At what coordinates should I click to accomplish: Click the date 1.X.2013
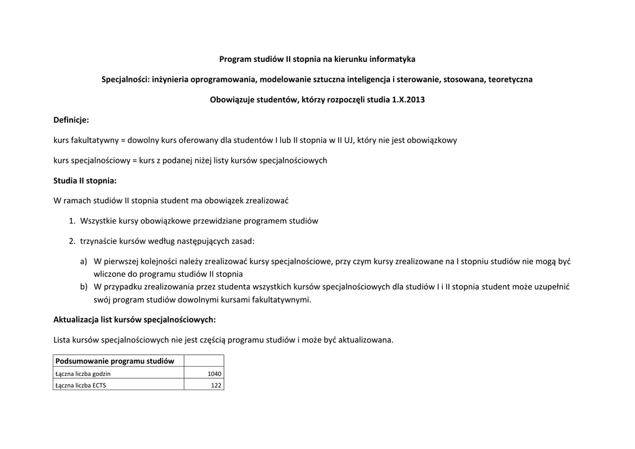pyautogui.click(x=408, y=100)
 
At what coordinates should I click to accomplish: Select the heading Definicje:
pyautogui.click(x=71, y=120)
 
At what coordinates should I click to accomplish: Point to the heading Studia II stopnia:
pyautogui.click(x=85, y=181)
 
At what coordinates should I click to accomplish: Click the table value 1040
pyautogui.click(x=214, y=374)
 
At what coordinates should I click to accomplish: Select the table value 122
pyautogui.click(x=216, y=385)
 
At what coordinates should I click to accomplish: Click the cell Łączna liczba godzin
pyautogui.click(x=84, y=374)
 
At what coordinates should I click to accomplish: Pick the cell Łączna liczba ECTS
pyautogui.click(x=81, y=385)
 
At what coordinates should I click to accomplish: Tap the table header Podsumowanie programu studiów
pyautogui.click(x=115, y=361)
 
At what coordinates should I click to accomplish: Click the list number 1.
pyautogui.click(x=72, y=221)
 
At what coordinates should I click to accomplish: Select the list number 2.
pyautogui.click(x=72, y=241)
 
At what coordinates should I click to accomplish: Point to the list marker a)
pyautogui.click(x=84, y=262)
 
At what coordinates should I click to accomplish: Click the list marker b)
pyautogui.click(x=84, y=287)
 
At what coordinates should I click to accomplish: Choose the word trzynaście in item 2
pyautogui.click(x=98, y=241)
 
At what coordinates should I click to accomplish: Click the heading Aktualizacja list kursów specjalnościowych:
pyautogui.click(x=135, y=320)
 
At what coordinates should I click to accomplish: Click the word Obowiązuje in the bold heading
pyautogui.click(x=233, y=100)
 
